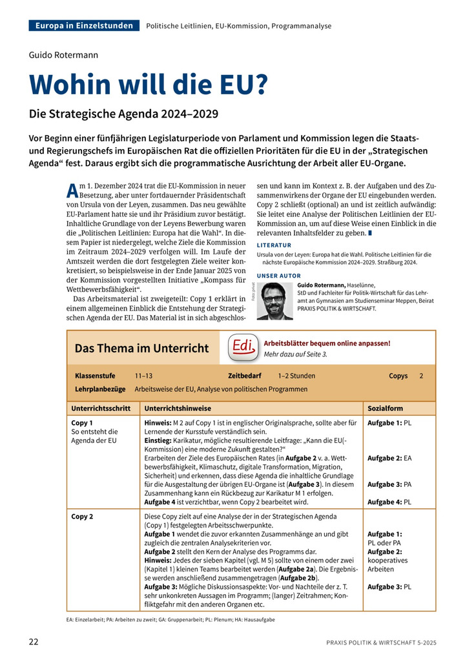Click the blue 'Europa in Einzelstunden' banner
pos(84,26)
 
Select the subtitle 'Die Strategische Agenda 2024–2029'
pos(114,114)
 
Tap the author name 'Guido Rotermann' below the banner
pos(64,55)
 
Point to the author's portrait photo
pos(275,301)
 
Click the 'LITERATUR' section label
pos(274,245)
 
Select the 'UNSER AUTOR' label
pos(278,276)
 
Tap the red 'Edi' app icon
pos(242,347)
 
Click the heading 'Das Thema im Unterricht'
pos(142,348)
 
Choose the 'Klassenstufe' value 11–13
pos(143,376)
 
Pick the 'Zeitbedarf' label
pos(245,376)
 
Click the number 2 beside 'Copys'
pos(421,376)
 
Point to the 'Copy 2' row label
pos(82,517)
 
